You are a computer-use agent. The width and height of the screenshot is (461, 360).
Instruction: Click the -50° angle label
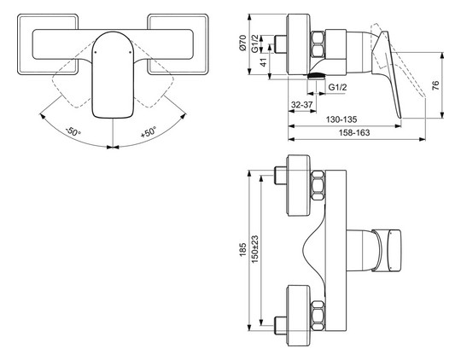pos(73,131)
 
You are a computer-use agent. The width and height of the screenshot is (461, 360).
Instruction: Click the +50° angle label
pos(149,131)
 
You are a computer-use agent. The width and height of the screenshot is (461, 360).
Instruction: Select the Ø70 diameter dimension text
pos(243,44)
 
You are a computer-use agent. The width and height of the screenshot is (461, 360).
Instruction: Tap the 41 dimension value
pos(264,62)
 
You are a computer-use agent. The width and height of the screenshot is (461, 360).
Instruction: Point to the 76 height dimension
pos(435,85)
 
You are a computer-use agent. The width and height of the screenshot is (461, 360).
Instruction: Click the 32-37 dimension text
pos(301,105)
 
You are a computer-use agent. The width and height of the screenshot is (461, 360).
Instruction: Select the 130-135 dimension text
pos(341,119)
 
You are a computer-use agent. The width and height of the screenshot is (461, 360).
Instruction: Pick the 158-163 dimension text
pos(354,132)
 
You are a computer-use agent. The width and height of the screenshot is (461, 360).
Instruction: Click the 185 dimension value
pos(242,249)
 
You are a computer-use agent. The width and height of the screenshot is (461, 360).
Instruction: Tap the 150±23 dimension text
pos(254,249)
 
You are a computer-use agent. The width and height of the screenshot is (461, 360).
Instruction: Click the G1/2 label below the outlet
pos(337,87)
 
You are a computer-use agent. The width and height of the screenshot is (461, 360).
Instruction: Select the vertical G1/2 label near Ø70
pos(255,44)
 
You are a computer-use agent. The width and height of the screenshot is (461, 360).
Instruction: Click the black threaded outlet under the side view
pos(316,76)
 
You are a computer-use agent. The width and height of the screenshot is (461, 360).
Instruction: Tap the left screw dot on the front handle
pos(96,53)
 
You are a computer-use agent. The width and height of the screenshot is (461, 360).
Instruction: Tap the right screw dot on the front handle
pos(131,53)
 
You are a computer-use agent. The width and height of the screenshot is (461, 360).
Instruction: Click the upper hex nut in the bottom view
pos(318,186)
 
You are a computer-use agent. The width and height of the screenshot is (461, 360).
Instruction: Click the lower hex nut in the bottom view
pos(318,316)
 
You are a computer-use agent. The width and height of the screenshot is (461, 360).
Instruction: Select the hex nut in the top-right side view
pos(318,44)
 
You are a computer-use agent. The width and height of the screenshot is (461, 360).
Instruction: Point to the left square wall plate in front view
pos(48,44)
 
